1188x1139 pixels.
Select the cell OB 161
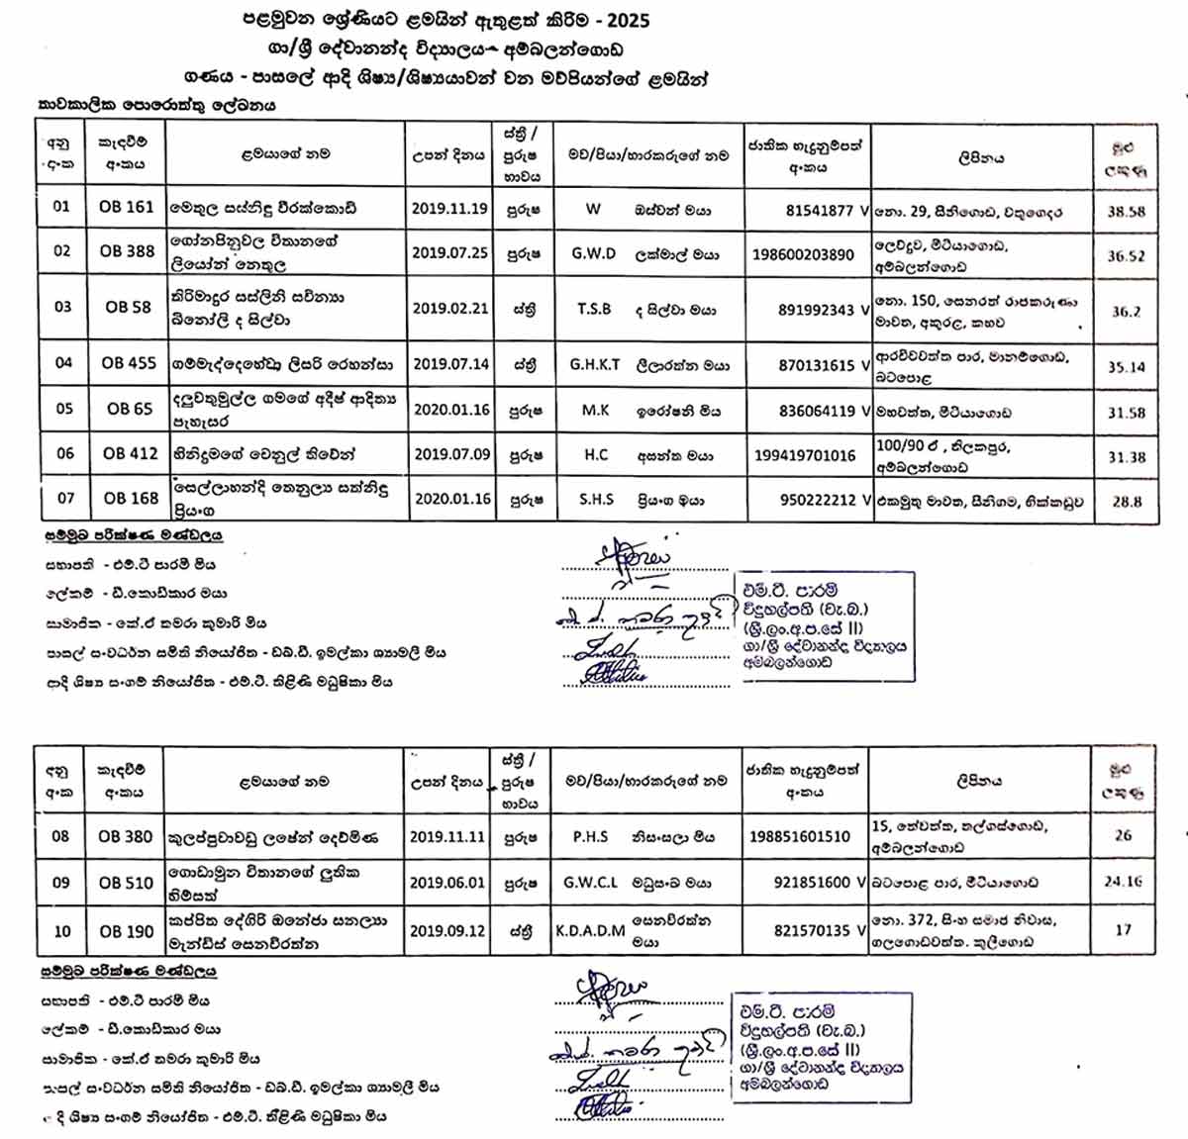pyautogui.click(x=127, y=207)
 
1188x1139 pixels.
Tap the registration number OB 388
pyautogui.click(x=127, y=251)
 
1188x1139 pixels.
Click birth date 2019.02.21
pyautogui.click(x=450, y=308)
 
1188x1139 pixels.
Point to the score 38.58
pyautogui.click(x=1126, y=212)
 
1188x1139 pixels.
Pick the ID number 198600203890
pyautogui.click(x=803, y=254)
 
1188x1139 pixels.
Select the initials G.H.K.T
pyautogui.click(x=595, y=364)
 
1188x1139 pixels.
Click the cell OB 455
pyautogui.click(x=129, y=363)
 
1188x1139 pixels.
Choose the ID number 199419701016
pyautogui.click(x=804, y=455)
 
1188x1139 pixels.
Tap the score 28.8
pyautogui.click(x=1127, y=502)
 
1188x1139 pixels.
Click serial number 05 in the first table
pyautogui.click(x=64, y=409)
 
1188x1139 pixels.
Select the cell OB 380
pyautogui.click(x=126, y=836)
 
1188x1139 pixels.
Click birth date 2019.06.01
pyautogui.click(x=447, y=882)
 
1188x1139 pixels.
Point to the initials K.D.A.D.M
pyautogui.click(x=590, y=930)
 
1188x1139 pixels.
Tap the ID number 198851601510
pyautogui.click(x=800, y=836)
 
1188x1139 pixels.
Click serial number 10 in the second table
pyautogui.click(x=62, y=931)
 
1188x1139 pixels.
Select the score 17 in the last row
pyautogui.click(x=1123, y=930)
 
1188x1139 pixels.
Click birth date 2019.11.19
pyautogui.click(x=450, y=209)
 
